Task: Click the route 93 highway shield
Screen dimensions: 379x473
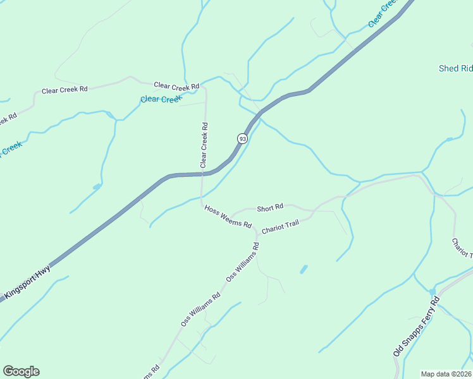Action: point(242,138)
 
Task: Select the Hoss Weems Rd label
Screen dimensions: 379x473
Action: point(228,217)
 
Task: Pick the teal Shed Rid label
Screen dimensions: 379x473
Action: point(456,68)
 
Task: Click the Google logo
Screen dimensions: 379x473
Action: point(21,371)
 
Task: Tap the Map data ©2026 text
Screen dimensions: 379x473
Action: point(446,373)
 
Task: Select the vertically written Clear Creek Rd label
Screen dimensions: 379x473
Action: point(204,145)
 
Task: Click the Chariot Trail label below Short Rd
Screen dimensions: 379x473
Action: point(279,227)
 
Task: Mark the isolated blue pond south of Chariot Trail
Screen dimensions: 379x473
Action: point(304,269)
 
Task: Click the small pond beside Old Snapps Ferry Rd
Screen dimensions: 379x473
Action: point(433,292)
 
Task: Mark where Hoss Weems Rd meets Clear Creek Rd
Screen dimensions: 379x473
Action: point(202,203)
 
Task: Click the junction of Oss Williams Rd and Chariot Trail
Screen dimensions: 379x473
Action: point(256,236)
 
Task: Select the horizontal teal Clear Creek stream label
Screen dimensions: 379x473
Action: point(161,99)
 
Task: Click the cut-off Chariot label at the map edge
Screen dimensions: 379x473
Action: point(461,248)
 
